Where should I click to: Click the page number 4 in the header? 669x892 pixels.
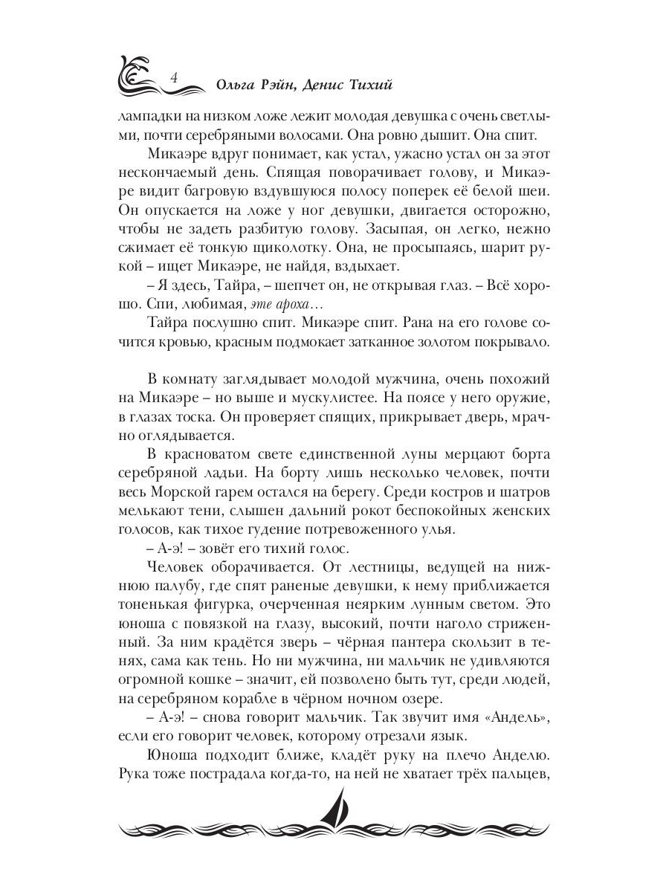pyautogui.click(x=172, y=77)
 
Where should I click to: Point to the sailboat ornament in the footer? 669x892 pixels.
pyautogui.click(x=334, y=814)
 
